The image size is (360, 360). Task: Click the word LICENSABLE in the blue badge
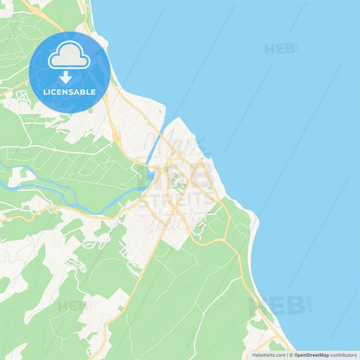click(70, 92)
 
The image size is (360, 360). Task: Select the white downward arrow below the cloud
click(66, 76)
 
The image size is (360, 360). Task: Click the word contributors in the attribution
click(344, 354)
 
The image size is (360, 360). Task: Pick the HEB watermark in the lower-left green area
click(73, 305)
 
